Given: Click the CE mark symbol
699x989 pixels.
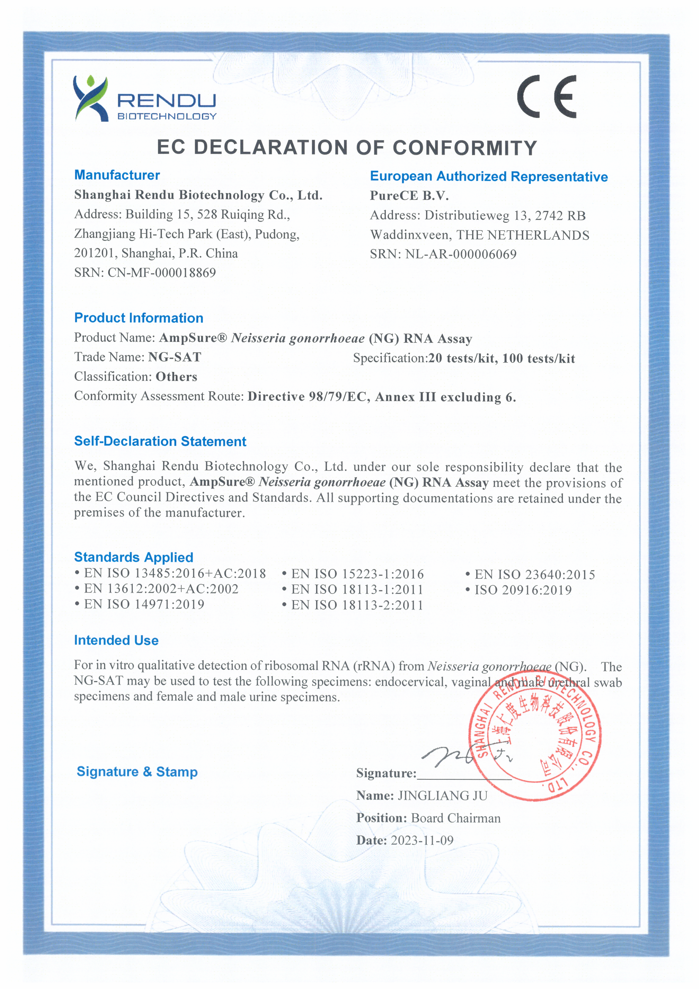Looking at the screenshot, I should [x=546, y=96].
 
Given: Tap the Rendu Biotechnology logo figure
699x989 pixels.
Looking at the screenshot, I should [x=90, y=98].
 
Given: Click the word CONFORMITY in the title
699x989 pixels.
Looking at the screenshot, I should [x=465, y=148].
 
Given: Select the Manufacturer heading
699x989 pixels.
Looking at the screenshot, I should [x=117, y=175].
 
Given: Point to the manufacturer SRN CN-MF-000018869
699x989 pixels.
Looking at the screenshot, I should [x=161, y=273].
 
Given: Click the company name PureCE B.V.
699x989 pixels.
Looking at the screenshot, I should [x=409, y=196].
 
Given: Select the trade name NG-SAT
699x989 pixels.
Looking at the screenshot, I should [x=175, y=357].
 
